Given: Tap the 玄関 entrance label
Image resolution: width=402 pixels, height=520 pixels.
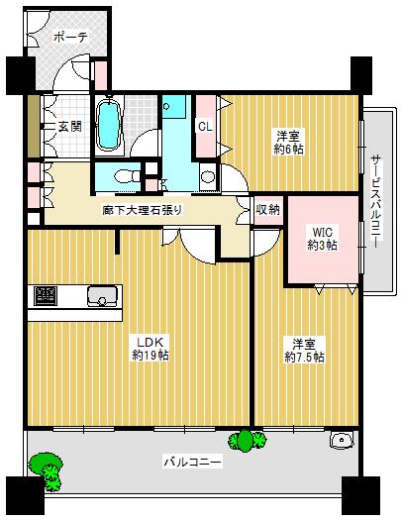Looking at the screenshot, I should coord(69,126).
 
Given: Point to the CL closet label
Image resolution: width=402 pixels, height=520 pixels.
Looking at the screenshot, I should coord(205,126).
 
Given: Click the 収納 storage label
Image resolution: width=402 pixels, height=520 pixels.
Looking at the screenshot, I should coord(267,210).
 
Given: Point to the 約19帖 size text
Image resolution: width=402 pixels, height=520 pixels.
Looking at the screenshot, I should coord(149,355).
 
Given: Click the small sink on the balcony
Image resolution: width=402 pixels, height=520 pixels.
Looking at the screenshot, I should coord(344,440).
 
